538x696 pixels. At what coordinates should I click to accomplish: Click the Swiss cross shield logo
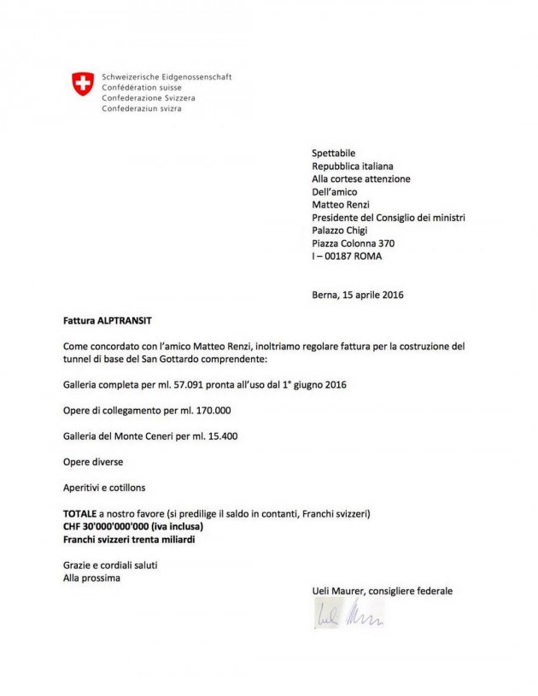82,83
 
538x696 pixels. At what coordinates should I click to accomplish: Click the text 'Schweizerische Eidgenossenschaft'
167,77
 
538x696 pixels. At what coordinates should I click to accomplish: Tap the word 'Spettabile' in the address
334,153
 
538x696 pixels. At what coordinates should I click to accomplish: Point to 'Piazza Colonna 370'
354,243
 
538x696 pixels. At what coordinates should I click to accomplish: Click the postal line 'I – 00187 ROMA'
347,256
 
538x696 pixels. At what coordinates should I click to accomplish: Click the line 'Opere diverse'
93,462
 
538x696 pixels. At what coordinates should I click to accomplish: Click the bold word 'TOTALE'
81,513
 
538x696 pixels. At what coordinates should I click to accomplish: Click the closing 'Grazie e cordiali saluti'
110,565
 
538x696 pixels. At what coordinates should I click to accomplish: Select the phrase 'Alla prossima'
91,578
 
